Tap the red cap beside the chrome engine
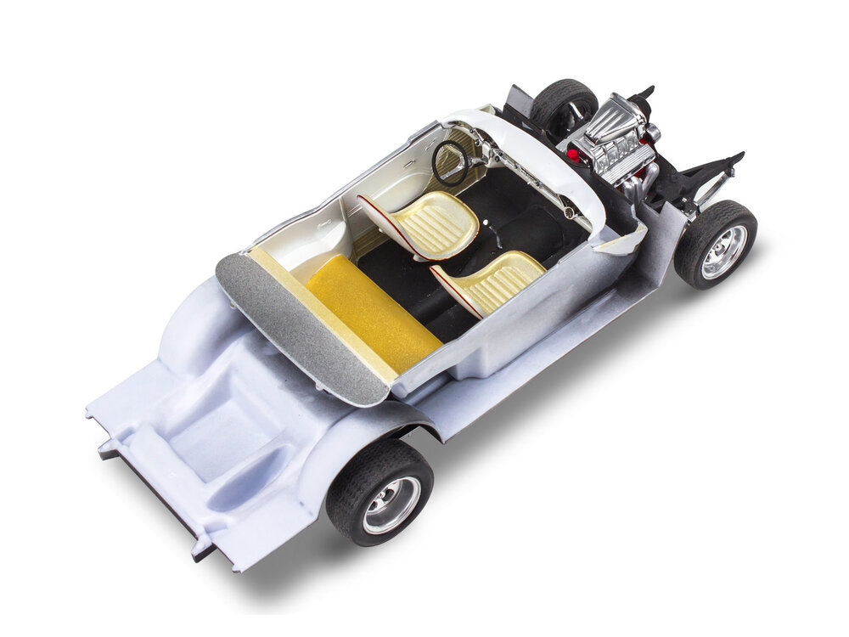(x=572, y=155)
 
